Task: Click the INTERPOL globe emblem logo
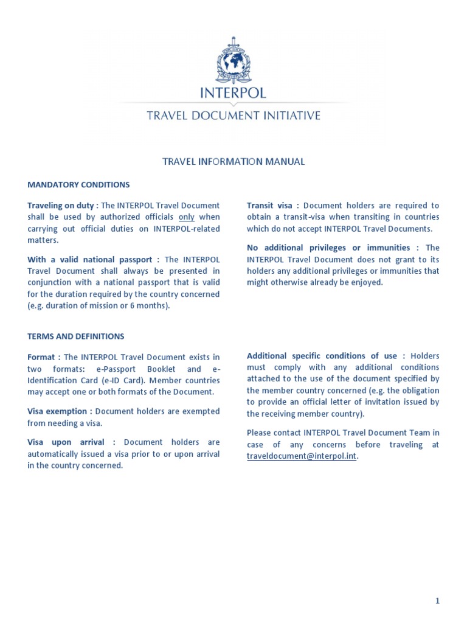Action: click(233, 61)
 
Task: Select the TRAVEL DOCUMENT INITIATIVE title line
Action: click(233, 116)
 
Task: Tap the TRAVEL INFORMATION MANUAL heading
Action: click(233, 162)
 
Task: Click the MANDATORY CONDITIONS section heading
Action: click(78, 184)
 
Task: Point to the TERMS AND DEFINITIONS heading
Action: click(75, 336)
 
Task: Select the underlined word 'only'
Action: click(186, 217)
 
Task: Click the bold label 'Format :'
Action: click(44, 357)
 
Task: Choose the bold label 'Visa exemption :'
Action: click(60, 411)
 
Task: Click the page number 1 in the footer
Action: click(437, 601)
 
